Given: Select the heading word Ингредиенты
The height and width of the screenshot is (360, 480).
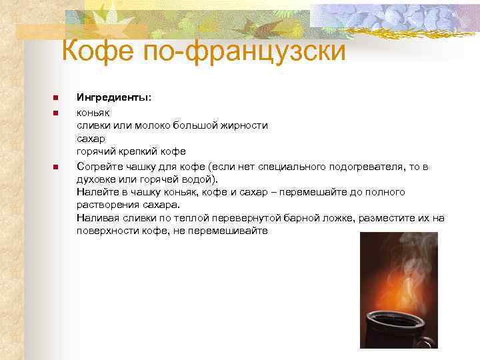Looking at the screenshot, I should pyautogui.click(x=113, y=97).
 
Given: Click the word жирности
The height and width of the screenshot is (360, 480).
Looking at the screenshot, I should pyautogui.click(x=245, y=125).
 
